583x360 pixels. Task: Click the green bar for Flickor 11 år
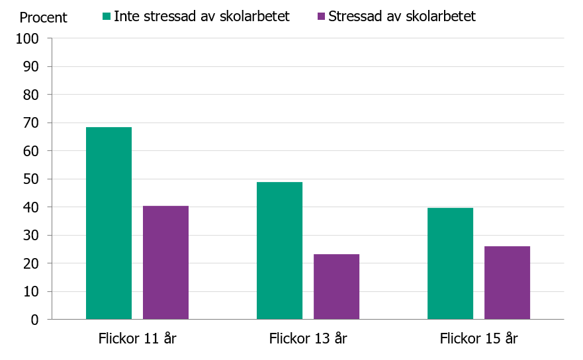point(109,223)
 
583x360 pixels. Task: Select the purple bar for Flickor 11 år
point(165,263)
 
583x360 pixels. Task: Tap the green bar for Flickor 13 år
point(279,251)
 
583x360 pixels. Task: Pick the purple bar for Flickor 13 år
point(336,287)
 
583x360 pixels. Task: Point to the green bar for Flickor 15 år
point(450,263)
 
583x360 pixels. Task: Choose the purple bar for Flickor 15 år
point(507,283)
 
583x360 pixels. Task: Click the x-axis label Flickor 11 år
point(137,339)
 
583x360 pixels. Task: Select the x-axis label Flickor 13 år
point(308,339)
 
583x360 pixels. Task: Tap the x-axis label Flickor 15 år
point(478,339)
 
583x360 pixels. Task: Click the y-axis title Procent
point(43,17)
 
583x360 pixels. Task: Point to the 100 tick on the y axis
point(28,38)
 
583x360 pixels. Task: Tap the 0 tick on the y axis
point(35,320)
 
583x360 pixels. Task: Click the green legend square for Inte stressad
point(106,16)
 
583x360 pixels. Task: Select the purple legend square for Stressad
point(320,16)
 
